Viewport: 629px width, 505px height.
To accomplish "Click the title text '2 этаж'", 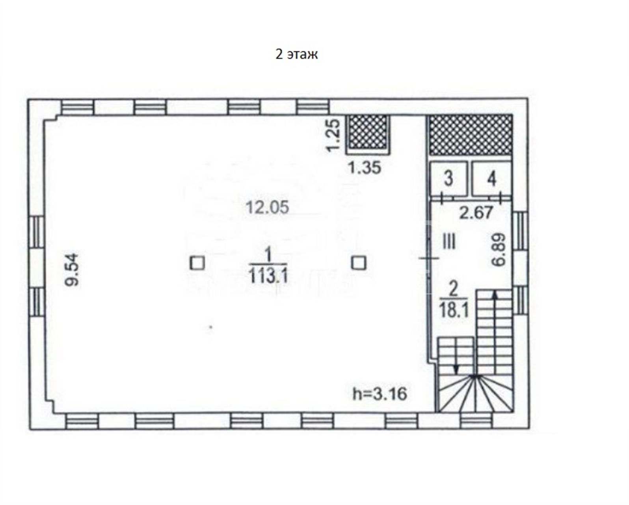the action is click(x=296, y=54).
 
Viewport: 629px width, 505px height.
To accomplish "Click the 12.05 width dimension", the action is click(x=268, y=208).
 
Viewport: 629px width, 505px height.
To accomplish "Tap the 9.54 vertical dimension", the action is click(x=72, y=270).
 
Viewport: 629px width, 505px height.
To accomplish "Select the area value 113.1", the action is click(x=269, y=276).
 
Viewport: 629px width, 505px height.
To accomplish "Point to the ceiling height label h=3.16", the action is click(x=380, y=394).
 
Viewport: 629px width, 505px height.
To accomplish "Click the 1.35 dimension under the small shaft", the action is click(x=365, y=168).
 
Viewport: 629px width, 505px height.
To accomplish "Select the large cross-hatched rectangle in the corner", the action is click(x=471, y=135).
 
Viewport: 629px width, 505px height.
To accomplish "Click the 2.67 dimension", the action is click(x=476, y=213).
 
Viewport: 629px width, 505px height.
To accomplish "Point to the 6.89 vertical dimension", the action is click(x=499, y=249).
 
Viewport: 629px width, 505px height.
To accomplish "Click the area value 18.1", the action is click(x=454, y=311).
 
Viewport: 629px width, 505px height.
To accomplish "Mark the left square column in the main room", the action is click(x=197, y=263).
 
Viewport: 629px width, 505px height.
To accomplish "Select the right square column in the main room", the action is click(x=359, y=263).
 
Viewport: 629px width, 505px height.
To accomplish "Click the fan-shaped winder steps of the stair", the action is click(x=475, y=393).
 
